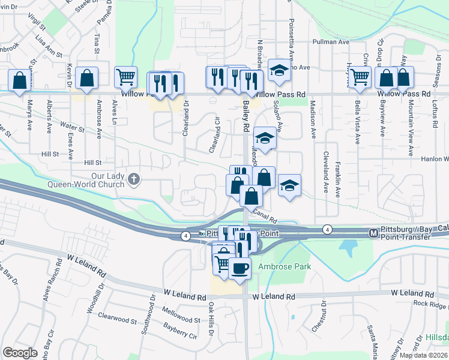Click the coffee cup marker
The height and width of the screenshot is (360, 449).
240,268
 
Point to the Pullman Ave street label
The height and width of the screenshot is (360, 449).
330,42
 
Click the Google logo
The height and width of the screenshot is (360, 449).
20,353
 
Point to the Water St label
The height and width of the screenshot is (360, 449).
72,127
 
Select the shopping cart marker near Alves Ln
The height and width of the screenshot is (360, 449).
126,77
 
